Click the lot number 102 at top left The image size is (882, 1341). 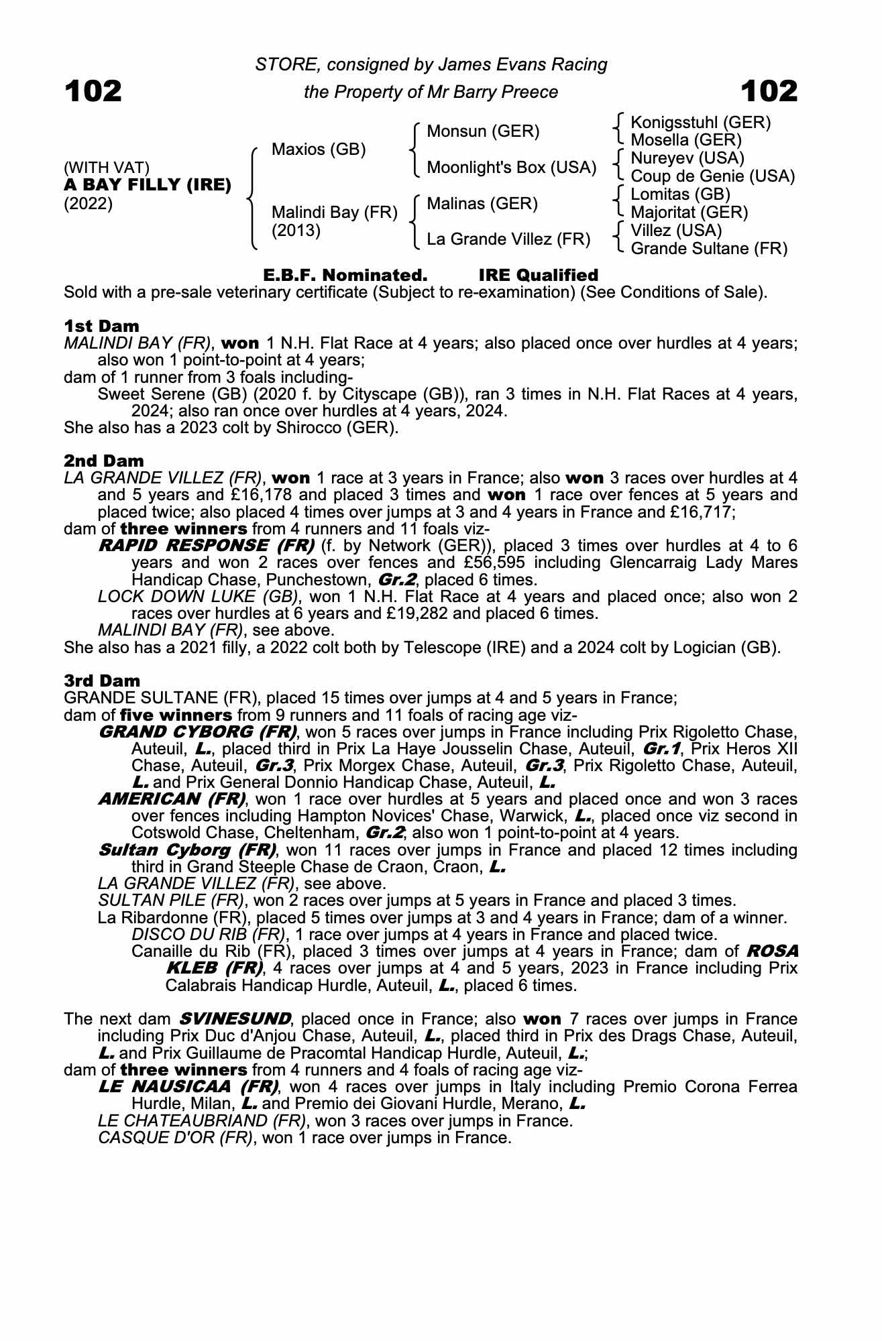[x=93, y=91]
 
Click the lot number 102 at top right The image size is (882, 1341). [x=769, y=91]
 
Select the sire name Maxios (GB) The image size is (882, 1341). [x=319, y=149]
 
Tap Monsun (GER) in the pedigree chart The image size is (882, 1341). [x=483, y=131]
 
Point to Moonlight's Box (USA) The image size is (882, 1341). [x=511, y=167]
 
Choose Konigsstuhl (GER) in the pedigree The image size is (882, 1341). [x=701, y=122]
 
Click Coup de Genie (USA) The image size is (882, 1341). [x=712, y=176]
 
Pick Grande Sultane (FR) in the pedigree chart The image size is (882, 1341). [x=709, y=249]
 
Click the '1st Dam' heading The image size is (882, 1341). [x=102, y=326]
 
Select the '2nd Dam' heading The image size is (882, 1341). [x=104, y=461]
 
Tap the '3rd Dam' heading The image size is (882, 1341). [x=103, y=681]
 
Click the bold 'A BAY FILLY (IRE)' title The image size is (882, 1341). [x=148, y=184]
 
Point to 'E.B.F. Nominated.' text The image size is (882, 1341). [x=345, y=275]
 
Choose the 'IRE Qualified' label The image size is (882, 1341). [x=538, y=275]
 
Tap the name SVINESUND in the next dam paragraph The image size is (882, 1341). [x=235, y=1019]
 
